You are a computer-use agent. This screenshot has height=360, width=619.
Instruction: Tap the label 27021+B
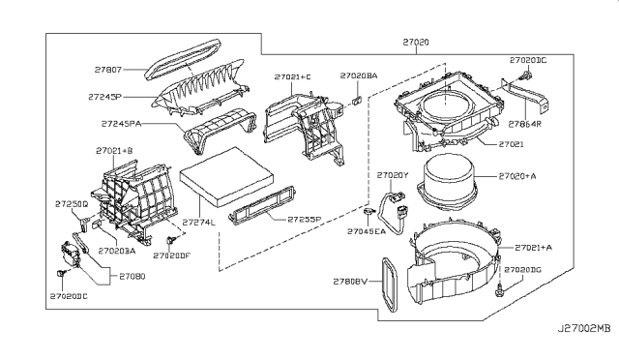click(x=116, y=151)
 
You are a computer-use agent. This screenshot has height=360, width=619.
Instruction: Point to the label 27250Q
click(x=73, y=205)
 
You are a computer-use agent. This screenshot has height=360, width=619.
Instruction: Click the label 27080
click(x=133, y=275)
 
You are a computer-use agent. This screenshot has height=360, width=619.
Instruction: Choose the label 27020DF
click(x=172, y=255)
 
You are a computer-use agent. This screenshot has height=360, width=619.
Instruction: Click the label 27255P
click(x=307, y=219)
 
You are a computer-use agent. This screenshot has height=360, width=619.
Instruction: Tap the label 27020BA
click(x=359, y=75)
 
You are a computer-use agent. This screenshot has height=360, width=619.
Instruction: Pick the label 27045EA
click(x=368, y=231)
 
